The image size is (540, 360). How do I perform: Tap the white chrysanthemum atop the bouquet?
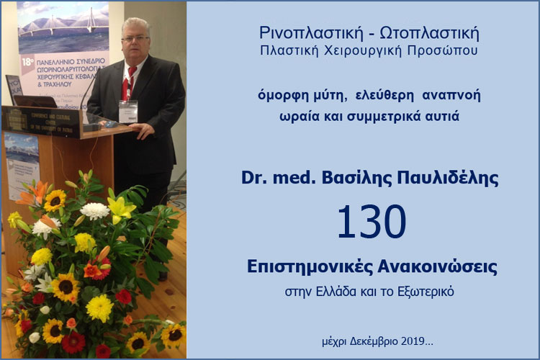pyautogui.click(x=94, y=210)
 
